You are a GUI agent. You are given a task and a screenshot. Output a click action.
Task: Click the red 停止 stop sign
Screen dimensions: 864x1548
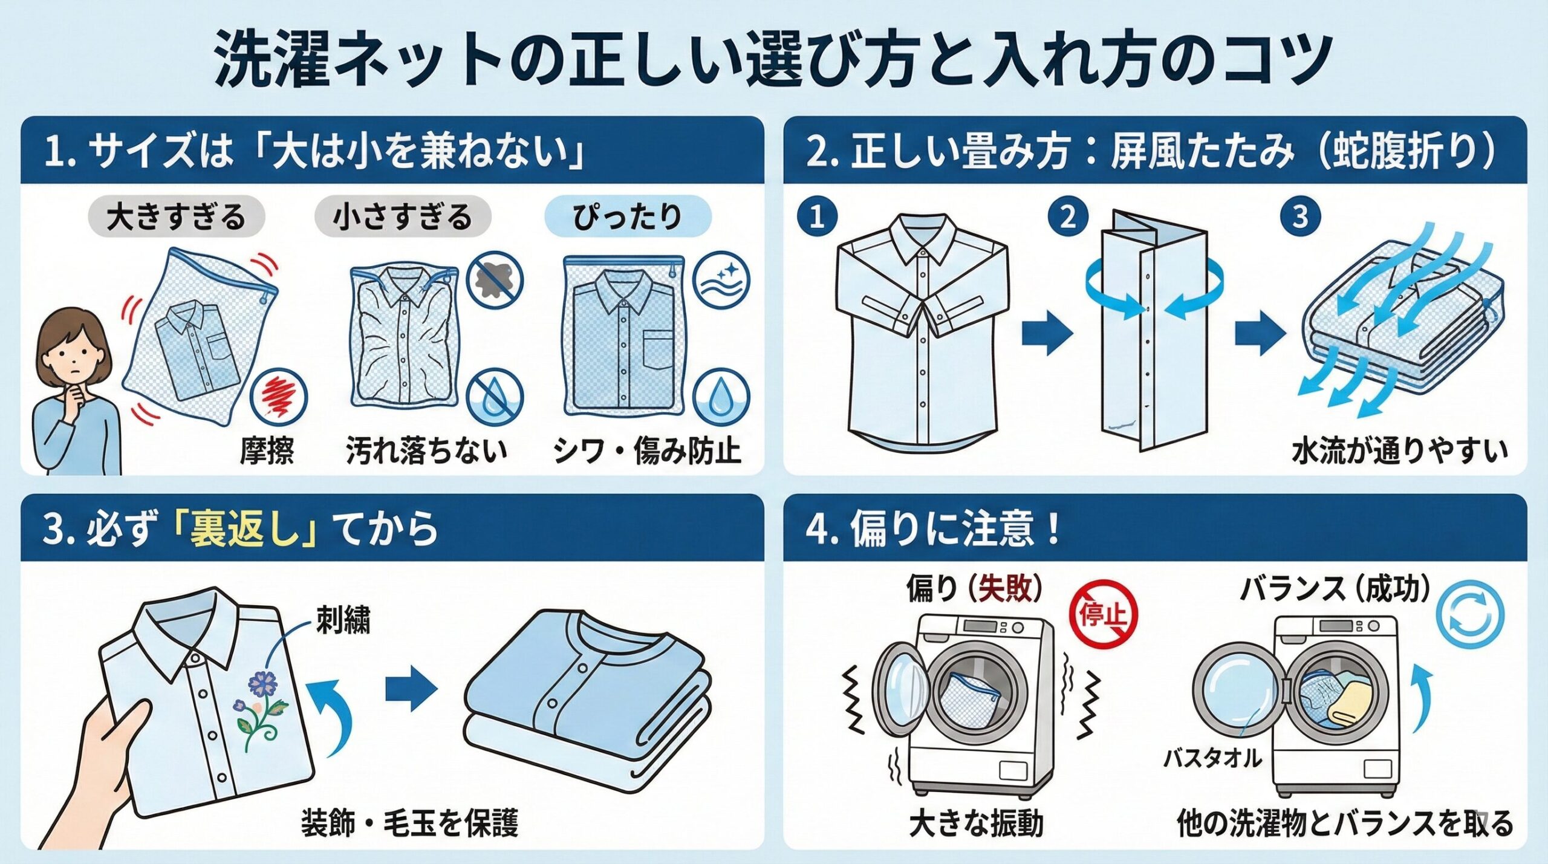point(1104,614)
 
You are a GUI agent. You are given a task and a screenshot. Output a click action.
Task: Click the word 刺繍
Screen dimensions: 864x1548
point(343,620)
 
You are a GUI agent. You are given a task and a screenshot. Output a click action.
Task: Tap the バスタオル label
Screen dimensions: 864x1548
point(1213,758)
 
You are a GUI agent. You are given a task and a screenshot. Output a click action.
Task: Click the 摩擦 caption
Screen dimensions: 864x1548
point(267,451)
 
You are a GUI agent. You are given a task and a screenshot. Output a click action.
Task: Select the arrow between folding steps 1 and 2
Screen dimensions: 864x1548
point(1047,333)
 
